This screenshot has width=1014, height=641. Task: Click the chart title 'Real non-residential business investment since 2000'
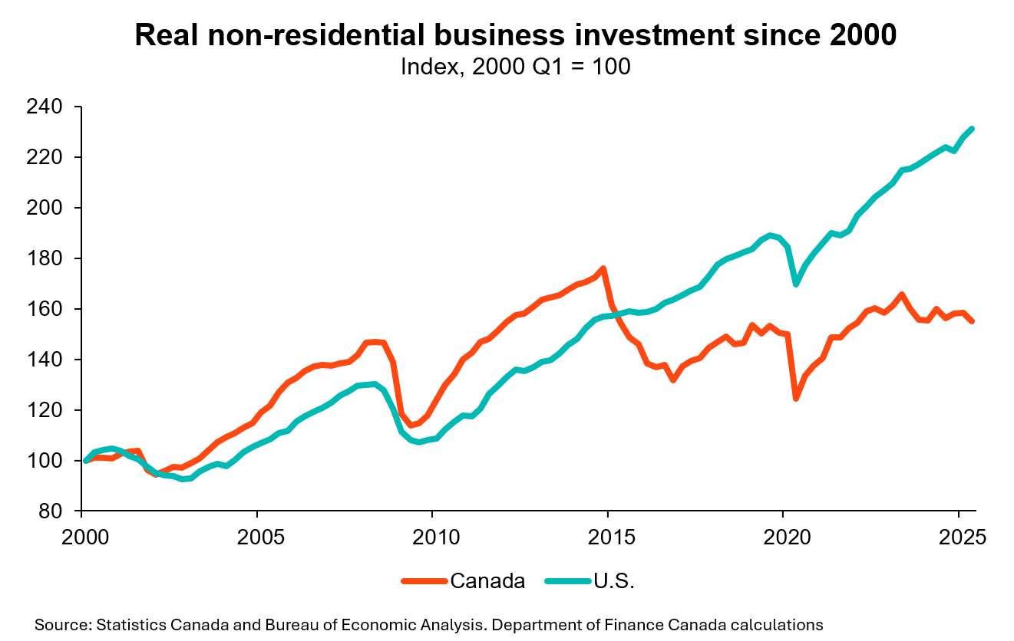pyautogui.click(x=515, y=36)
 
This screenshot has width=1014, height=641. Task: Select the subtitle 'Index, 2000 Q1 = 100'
pyautogui.click(x=515, y=67)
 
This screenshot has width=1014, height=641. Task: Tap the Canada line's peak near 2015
pyautogui.click(x=603, y=268)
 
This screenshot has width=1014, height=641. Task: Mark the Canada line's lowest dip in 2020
pyautogui.click(x=796, y=398)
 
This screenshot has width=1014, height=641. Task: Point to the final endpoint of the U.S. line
pyautogui.click(x=972, y=129)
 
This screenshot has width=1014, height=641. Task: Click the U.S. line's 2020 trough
pyautogui.click(x=796, y=284)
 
